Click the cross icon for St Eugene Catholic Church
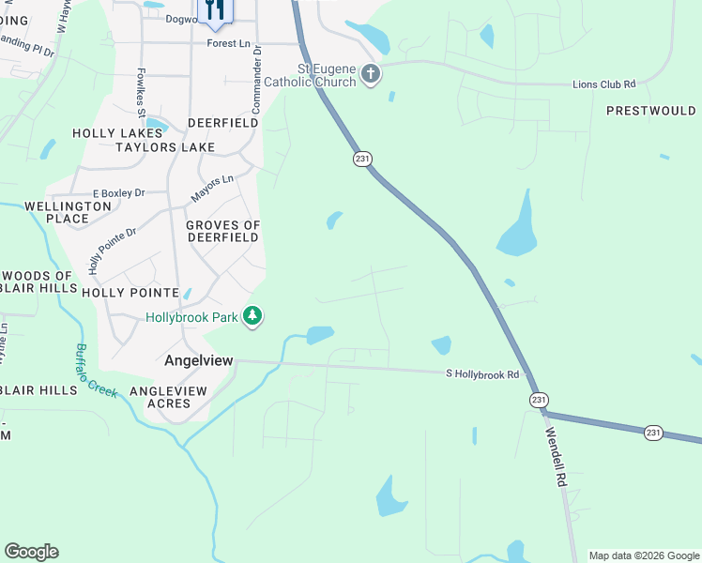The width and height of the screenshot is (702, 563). tap(371, 74)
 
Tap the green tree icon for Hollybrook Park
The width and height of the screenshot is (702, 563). tap(252, 317)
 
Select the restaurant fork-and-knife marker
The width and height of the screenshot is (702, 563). tap(215, 10)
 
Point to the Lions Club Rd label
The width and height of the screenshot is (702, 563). tap(603, 84)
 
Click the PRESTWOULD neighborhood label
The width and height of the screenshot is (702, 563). tap(650, 111)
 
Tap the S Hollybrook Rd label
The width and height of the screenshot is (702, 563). tap(481, 374)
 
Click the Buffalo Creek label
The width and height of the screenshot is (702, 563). tap(96, 371)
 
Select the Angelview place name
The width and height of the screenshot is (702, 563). tap(198, 360)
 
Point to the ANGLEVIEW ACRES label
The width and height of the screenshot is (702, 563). tap(168, 397)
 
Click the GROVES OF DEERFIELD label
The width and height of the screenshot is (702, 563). tap(222, 231)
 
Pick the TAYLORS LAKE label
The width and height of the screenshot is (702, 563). tap(165, 147)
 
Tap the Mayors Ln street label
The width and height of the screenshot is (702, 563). tap(212, 188)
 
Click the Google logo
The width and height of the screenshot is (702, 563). tap(31, 552)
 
